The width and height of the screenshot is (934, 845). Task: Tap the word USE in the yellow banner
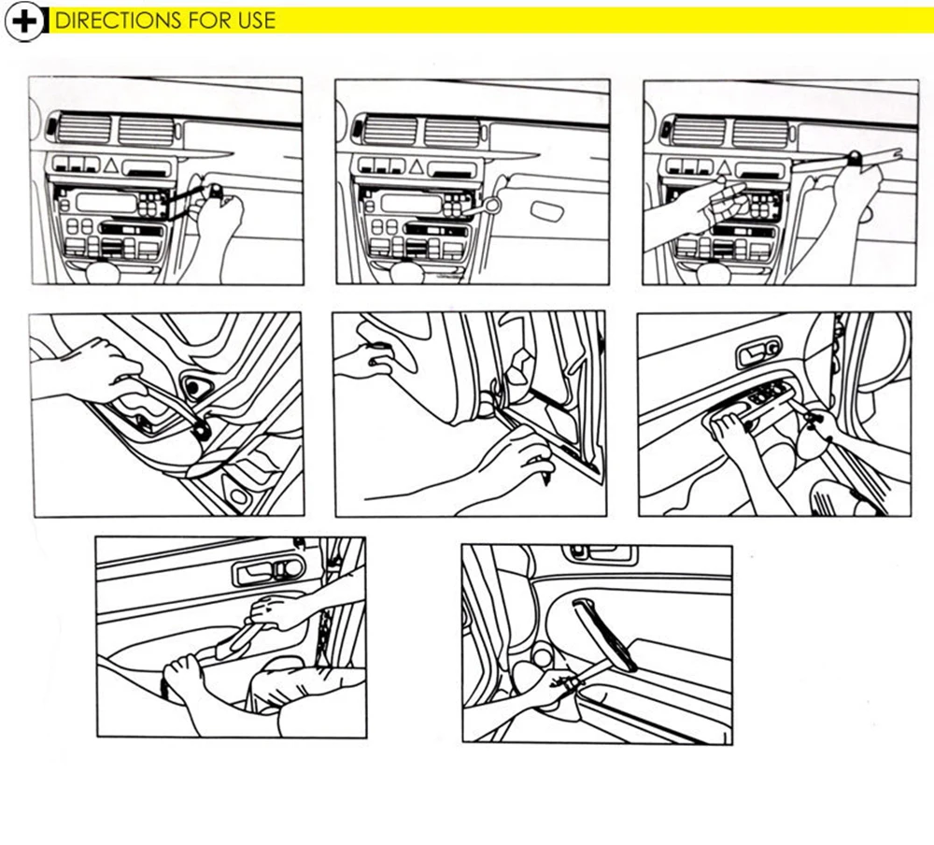click(x=254, y=21)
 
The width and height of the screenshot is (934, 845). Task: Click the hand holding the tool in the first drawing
click(x=219, y=220)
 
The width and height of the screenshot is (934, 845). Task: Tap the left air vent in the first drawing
click(x=82, y=130)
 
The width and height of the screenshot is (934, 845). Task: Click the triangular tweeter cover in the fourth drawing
click(x=198, y=386)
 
